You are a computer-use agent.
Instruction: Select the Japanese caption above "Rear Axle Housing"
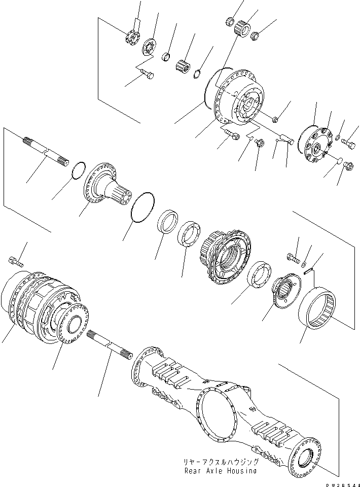coord(222,462)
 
